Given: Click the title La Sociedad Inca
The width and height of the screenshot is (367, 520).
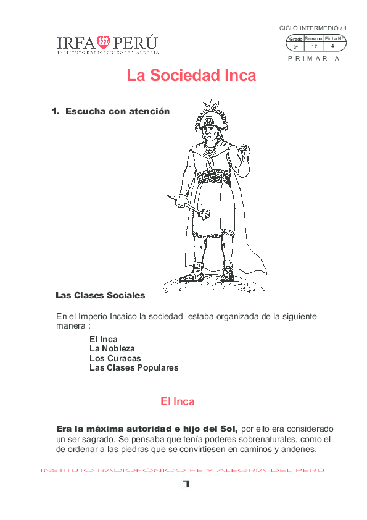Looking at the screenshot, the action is [x=191, y=75].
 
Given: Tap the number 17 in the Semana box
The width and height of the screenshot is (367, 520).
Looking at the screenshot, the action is [x=314, y=46].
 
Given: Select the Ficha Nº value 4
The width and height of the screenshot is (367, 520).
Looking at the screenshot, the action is [x=332, y=46].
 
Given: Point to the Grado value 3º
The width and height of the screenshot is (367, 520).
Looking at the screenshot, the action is [x=295, y=47].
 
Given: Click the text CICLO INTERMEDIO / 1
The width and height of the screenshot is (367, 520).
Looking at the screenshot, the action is [x=313, y=28].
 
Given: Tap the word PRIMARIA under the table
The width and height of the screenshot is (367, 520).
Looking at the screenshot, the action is [x=313, y=58].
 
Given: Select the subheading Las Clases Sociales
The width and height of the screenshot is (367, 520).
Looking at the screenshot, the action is [x=101, y=295].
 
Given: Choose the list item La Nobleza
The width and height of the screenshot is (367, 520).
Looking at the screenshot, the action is [x=112, y=348].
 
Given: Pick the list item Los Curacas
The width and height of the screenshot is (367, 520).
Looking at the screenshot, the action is [x=115, y=358].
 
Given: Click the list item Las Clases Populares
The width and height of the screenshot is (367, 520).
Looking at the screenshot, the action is [x=134, y=367].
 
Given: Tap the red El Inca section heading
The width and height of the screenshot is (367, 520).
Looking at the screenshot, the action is [x=178, y=401].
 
